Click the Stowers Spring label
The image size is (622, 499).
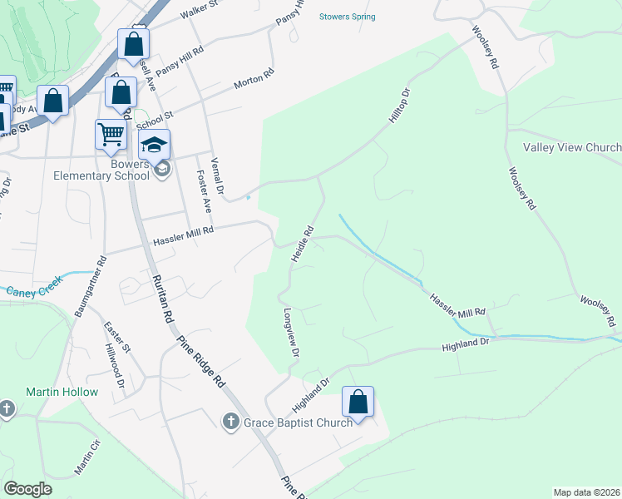tap(348, 17)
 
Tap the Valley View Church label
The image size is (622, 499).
tap(571, 148)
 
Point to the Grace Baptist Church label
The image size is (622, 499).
tap(298, 423)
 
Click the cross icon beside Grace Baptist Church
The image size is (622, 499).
tap(232, 422)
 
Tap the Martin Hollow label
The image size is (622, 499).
tap(62, 392)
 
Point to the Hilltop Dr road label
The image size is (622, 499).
tap(400, 106)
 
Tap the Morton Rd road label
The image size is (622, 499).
tap(254, 80)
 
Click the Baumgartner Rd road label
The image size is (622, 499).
tap(91, 285)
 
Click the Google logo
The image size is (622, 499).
tap(28, 489)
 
